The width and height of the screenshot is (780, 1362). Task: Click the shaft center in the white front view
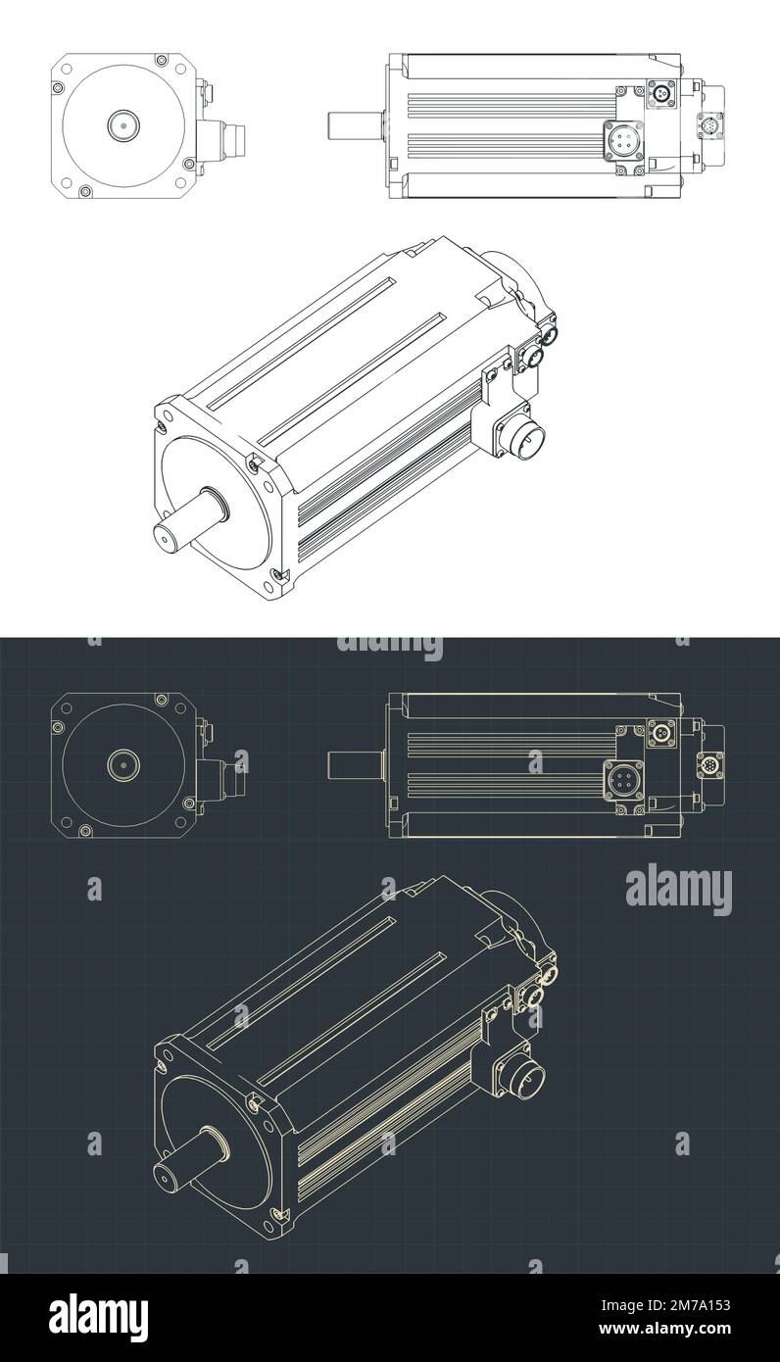123,125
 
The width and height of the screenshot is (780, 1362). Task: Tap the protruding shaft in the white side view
355,126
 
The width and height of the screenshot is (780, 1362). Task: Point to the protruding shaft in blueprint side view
355,764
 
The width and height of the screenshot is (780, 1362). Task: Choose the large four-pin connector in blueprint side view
621,782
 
